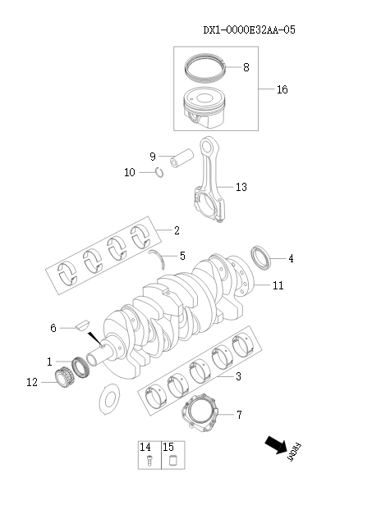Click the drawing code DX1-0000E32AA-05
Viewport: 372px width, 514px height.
[249, 30]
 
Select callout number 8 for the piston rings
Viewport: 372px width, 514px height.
[246, 66]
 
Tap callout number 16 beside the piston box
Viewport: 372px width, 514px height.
[282, 89]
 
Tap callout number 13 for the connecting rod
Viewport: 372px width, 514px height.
[241, 188]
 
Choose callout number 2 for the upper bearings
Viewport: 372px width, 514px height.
[177, 231]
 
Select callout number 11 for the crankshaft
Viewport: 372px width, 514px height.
[278, 286]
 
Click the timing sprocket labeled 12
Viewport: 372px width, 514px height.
[58, 379]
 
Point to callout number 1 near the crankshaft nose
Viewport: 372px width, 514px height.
[49, 362]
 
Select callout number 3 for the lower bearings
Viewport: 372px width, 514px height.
[238, 377]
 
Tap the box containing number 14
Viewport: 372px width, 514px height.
[147, 455]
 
